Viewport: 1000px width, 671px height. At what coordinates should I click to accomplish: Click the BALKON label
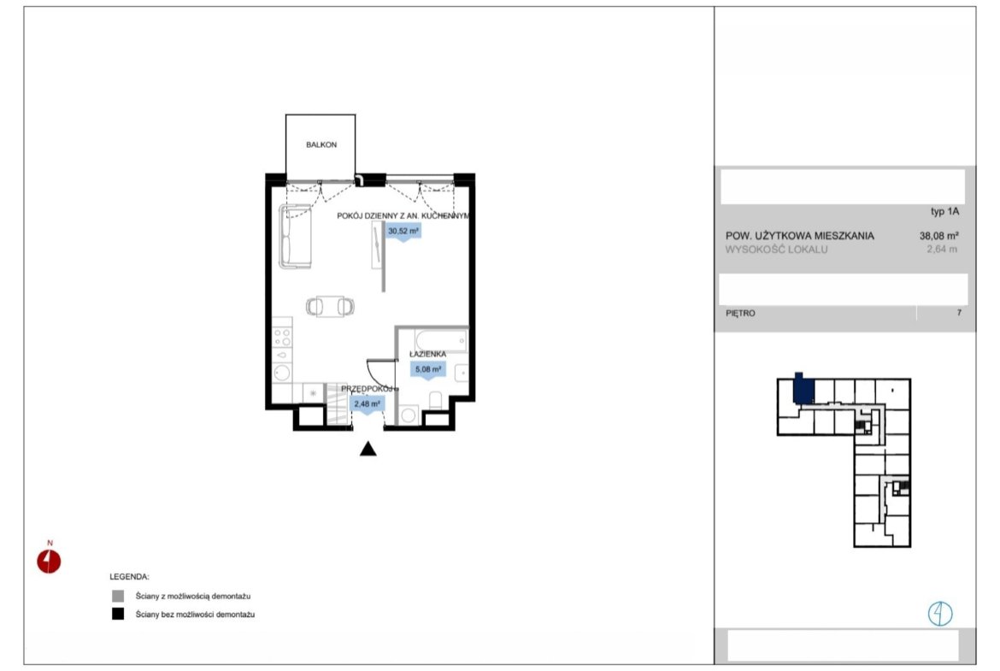[321, 144]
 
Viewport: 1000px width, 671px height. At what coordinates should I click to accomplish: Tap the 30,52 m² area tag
[403, 232]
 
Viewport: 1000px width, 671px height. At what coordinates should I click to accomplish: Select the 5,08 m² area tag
[428, 369]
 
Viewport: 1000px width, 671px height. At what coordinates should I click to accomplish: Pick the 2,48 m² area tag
[368, 403]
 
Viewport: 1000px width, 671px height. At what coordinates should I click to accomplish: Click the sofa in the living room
[295, 236]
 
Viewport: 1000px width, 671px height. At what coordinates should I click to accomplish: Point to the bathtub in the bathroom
[441, 340]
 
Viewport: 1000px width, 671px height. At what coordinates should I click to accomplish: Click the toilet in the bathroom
[436, 401]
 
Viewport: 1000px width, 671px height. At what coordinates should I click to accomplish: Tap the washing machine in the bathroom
[409, 415]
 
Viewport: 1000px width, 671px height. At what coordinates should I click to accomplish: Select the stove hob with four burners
[282, 338]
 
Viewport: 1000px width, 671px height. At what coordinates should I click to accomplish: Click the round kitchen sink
[282, 373]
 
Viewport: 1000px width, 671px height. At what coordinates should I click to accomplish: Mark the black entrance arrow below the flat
[368, 449]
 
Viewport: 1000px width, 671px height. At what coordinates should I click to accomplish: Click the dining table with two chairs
[330, 307]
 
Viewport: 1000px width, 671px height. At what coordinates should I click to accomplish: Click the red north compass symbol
[49, 562]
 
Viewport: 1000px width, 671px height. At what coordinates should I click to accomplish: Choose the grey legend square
[118, 597]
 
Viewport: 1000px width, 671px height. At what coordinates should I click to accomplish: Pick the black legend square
[118, 615]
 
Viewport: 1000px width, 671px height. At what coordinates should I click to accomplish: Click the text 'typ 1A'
[944, 212]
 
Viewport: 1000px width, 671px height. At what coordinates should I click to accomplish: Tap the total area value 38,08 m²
[938, 235]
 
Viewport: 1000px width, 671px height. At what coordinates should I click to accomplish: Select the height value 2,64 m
[942, 250]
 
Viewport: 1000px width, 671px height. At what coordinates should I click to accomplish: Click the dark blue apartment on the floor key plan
[803, 390]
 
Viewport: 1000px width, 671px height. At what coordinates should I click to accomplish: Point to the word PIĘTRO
[740, 313]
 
